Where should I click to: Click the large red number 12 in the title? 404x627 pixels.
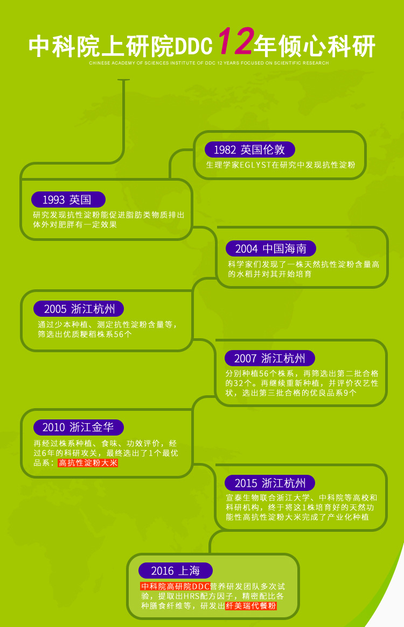pyautogui.click(x=235, y=42)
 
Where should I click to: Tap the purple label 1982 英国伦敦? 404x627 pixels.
pyautogui.click(x=249, y=150)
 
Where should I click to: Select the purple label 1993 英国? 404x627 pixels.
pyautogui.click(x=67, y=200)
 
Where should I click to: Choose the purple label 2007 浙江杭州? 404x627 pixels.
pyautogui.click(x=270, y=358)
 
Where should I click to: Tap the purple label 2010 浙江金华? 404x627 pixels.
pyautogui.click(x=78, y=427)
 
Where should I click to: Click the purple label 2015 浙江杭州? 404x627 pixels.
pyautogui.click(x=270, y=483)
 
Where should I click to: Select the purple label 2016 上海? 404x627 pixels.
pyautogui.click(x=176, y=571)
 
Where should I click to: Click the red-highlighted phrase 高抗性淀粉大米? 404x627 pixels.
pyautogui.click(x=88, y=463)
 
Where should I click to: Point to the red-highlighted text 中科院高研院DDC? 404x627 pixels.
pyautogui.click(x=175, y=587)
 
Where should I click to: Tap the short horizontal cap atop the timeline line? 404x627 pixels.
pyautogui.click(x=124, y=80)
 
